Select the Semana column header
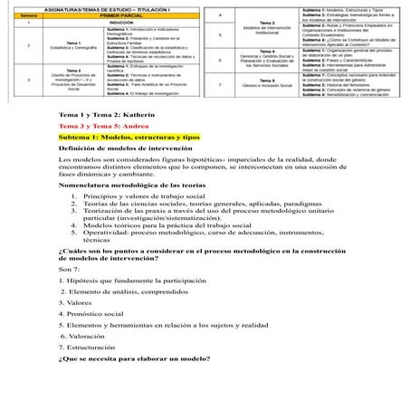[30, 15]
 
